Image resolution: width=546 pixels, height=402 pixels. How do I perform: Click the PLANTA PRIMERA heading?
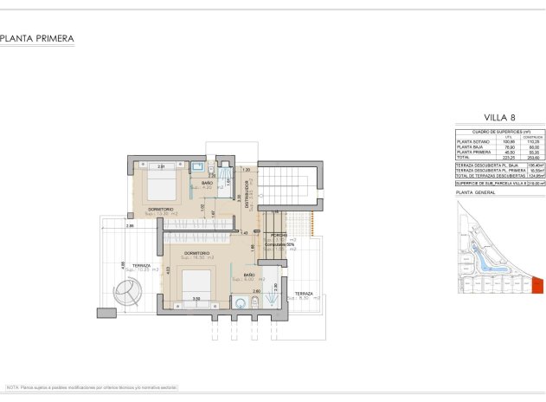point(37,38)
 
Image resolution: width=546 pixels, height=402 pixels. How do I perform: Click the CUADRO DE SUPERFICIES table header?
point(490,131)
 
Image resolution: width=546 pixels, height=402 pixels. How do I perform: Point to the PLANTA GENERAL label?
point(475,195)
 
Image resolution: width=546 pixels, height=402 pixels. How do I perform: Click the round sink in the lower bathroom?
point(240,302)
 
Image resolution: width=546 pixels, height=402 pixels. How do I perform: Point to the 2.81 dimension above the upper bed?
point(161,165)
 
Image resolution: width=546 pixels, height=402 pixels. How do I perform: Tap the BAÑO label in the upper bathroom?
point(208,183)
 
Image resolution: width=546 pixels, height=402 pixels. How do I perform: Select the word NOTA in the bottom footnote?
point(13,386)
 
